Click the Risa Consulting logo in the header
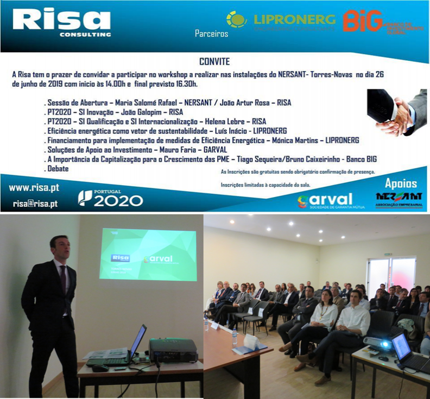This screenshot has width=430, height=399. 61,23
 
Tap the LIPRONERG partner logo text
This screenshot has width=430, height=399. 294,20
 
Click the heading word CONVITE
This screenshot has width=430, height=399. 215,61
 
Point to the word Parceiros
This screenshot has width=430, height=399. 211,34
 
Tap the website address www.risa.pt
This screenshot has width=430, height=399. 34,188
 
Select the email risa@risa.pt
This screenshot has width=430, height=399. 36,204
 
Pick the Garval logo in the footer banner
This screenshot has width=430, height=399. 325,200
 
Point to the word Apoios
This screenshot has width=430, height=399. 401,183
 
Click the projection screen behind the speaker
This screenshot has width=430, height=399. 148,254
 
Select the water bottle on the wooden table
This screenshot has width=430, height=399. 235,337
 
